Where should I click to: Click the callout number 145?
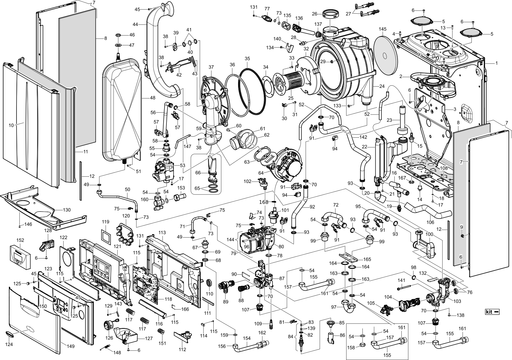click(x=383, y=29)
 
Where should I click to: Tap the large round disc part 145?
click(x=385, y=56)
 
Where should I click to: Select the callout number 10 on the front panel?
click(x=11, y=125)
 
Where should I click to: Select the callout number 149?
click(x=70, y=346)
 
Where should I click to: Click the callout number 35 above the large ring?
click(x=247, y=59)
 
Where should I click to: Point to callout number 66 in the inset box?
click(x=198, y=173)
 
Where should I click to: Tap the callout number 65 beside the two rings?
click(x=197, y=188)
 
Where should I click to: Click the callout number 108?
click(x=444, y=168)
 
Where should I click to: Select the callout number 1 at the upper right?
click(x=496, y=63)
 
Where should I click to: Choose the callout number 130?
click(x=67, y=210)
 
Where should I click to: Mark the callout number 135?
click(x=287, y=16)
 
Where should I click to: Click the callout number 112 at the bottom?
click(x=182, y=350)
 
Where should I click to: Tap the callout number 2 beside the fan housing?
click(x=401, y=76)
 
